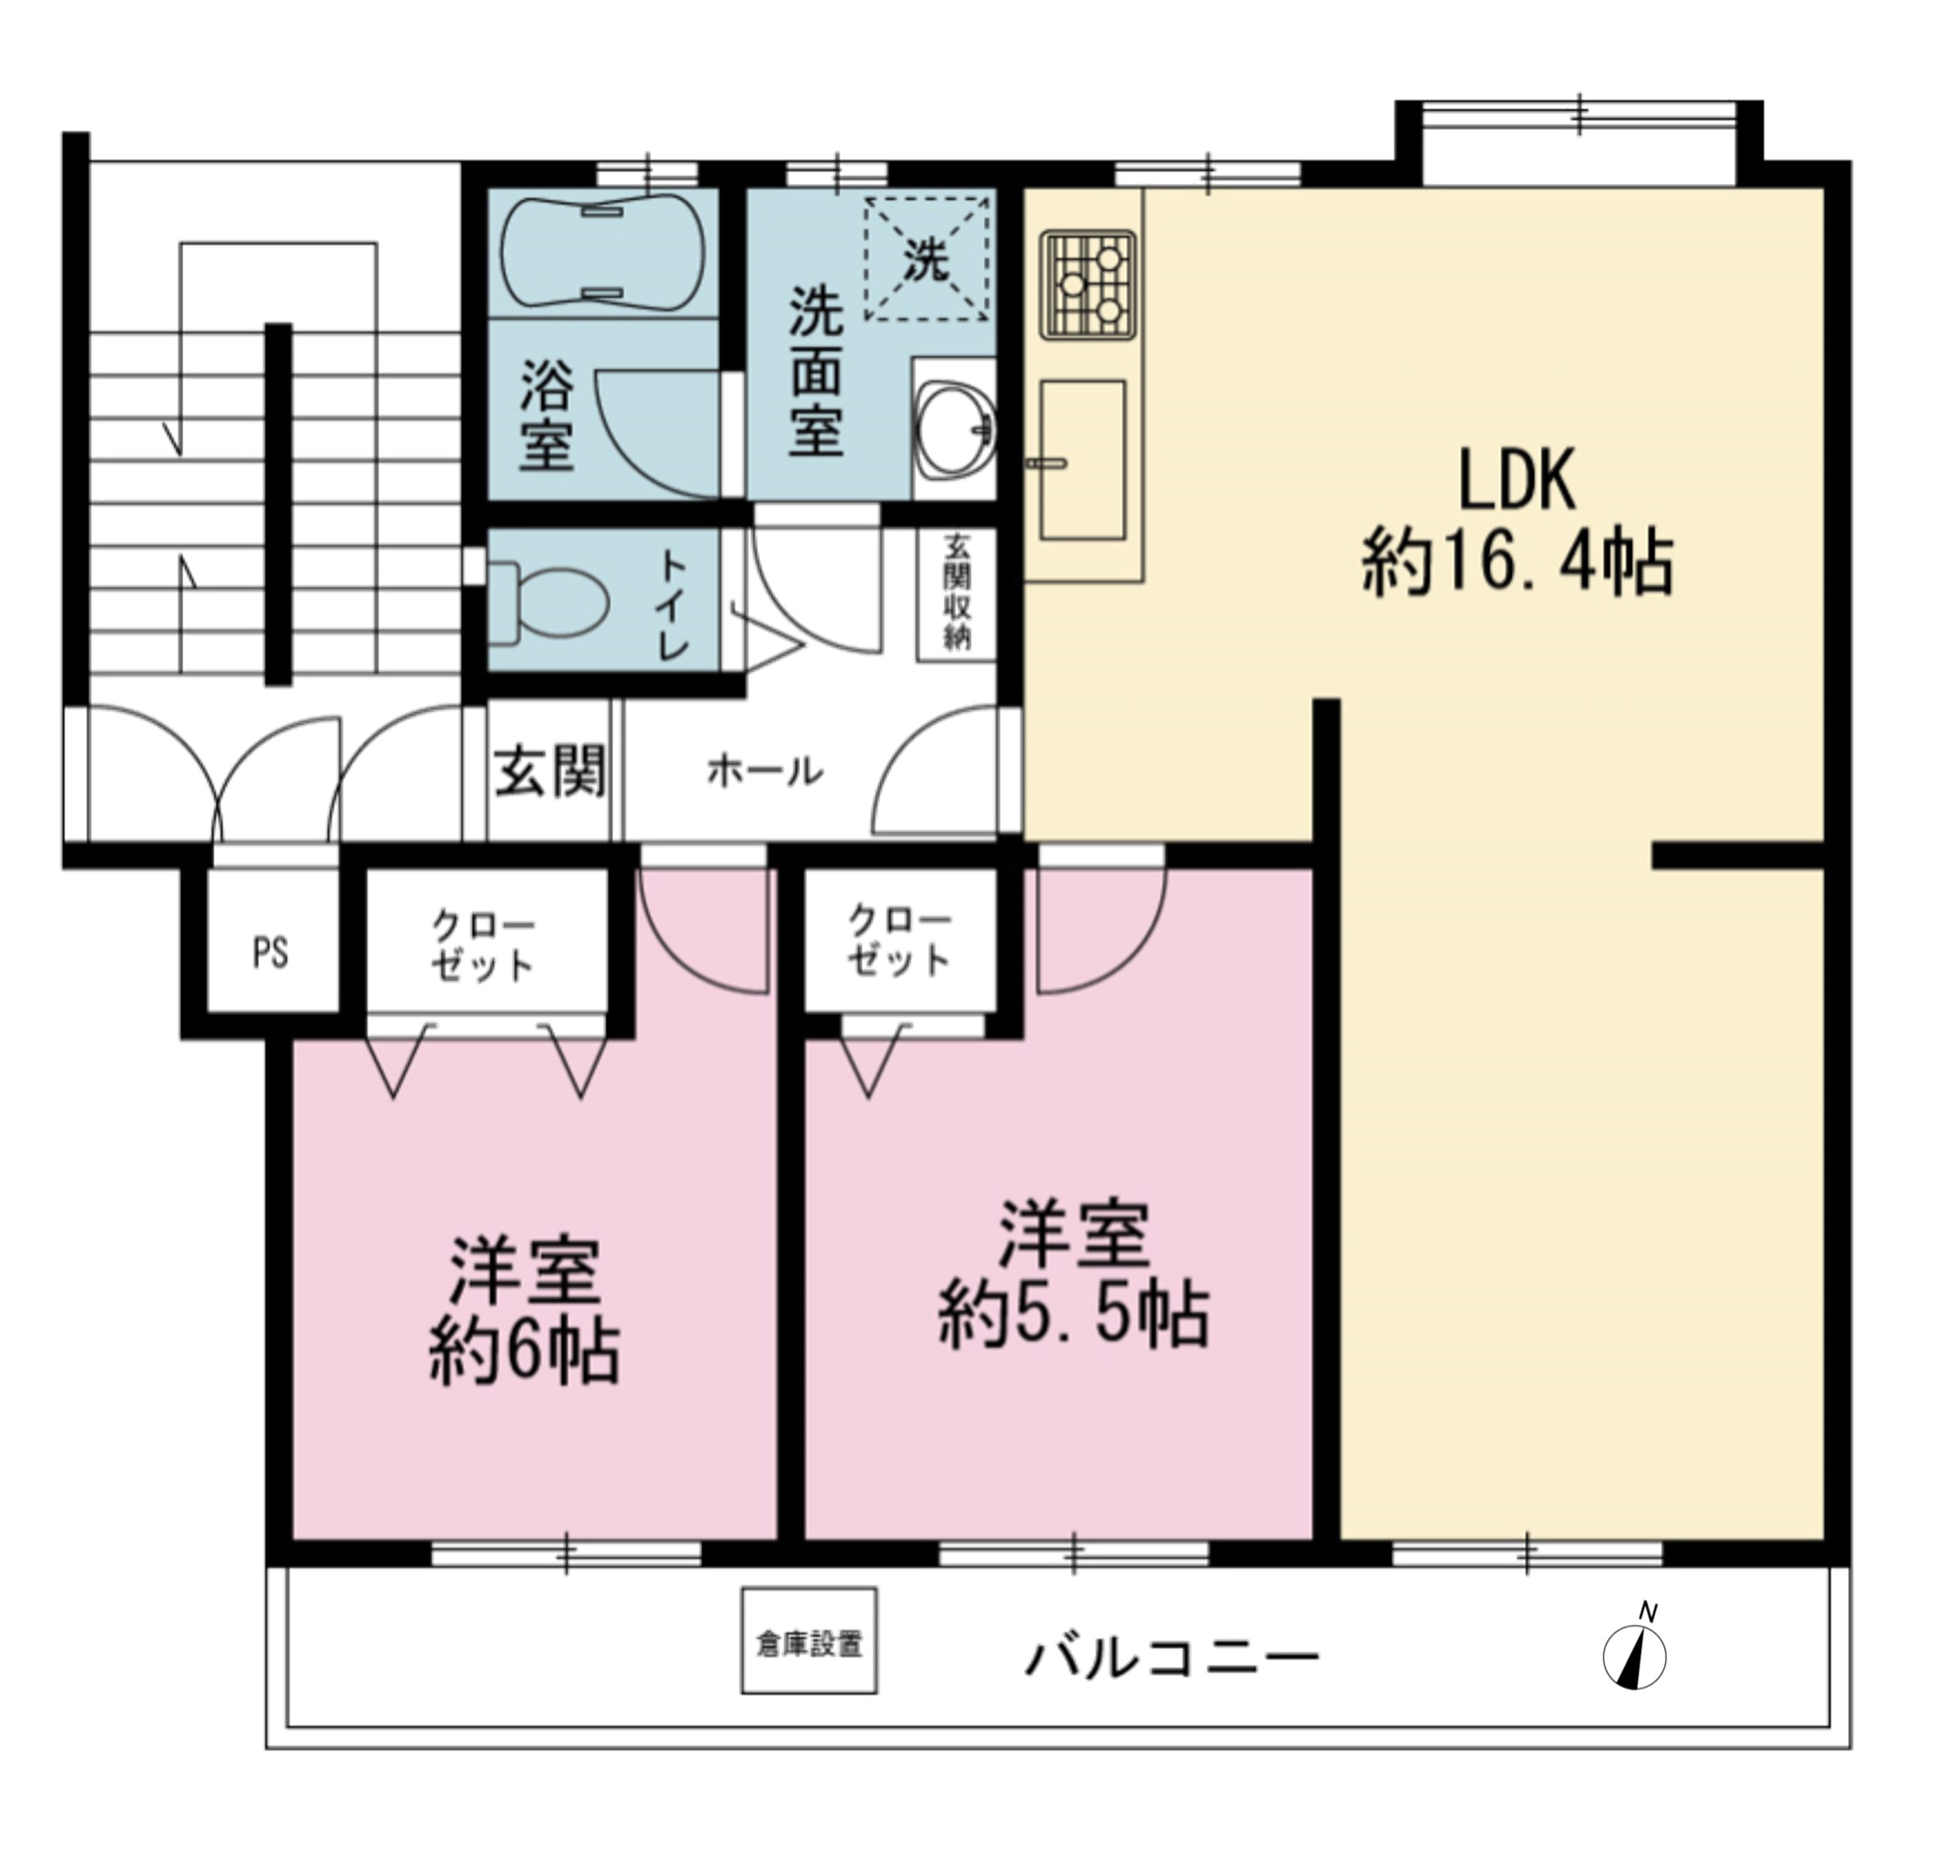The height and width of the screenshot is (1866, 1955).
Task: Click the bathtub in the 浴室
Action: pyautogui.click(x=602, y=253)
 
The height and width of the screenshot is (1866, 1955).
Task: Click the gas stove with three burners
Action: pyautogui.click(x=1089, y=285)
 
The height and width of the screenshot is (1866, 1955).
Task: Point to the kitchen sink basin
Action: pyautogui.click(x=1082, y=460)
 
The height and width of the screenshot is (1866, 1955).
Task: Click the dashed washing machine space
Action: pyautogui.click(x=927, y=259)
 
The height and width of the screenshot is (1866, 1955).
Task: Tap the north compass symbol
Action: pyautogui.click(x=1635, y=1652)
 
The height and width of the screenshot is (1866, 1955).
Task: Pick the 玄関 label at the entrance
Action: pyautogui.click(x=550, y=771)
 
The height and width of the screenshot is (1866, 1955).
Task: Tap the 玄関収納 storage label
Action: pyautogui.click(x=956, y=593)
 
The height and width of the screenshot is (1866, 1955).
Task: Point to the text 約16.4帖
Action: pyautogui.click(x=1518, y=563)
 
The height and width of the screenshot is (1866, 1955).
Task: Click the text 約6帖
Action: pyautogui.click(x=524, y=1352)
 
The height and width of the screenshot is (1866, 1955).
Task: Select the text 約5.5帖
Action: pyautogui.click(x=1074, y=1315)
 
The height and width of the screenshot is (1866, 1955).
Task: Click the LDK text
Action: pyautogui.click(x=1516, y=482)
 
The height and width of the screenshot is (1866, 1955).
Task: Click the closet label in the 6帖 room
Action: pyautogui.click(x=482, y=945)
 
